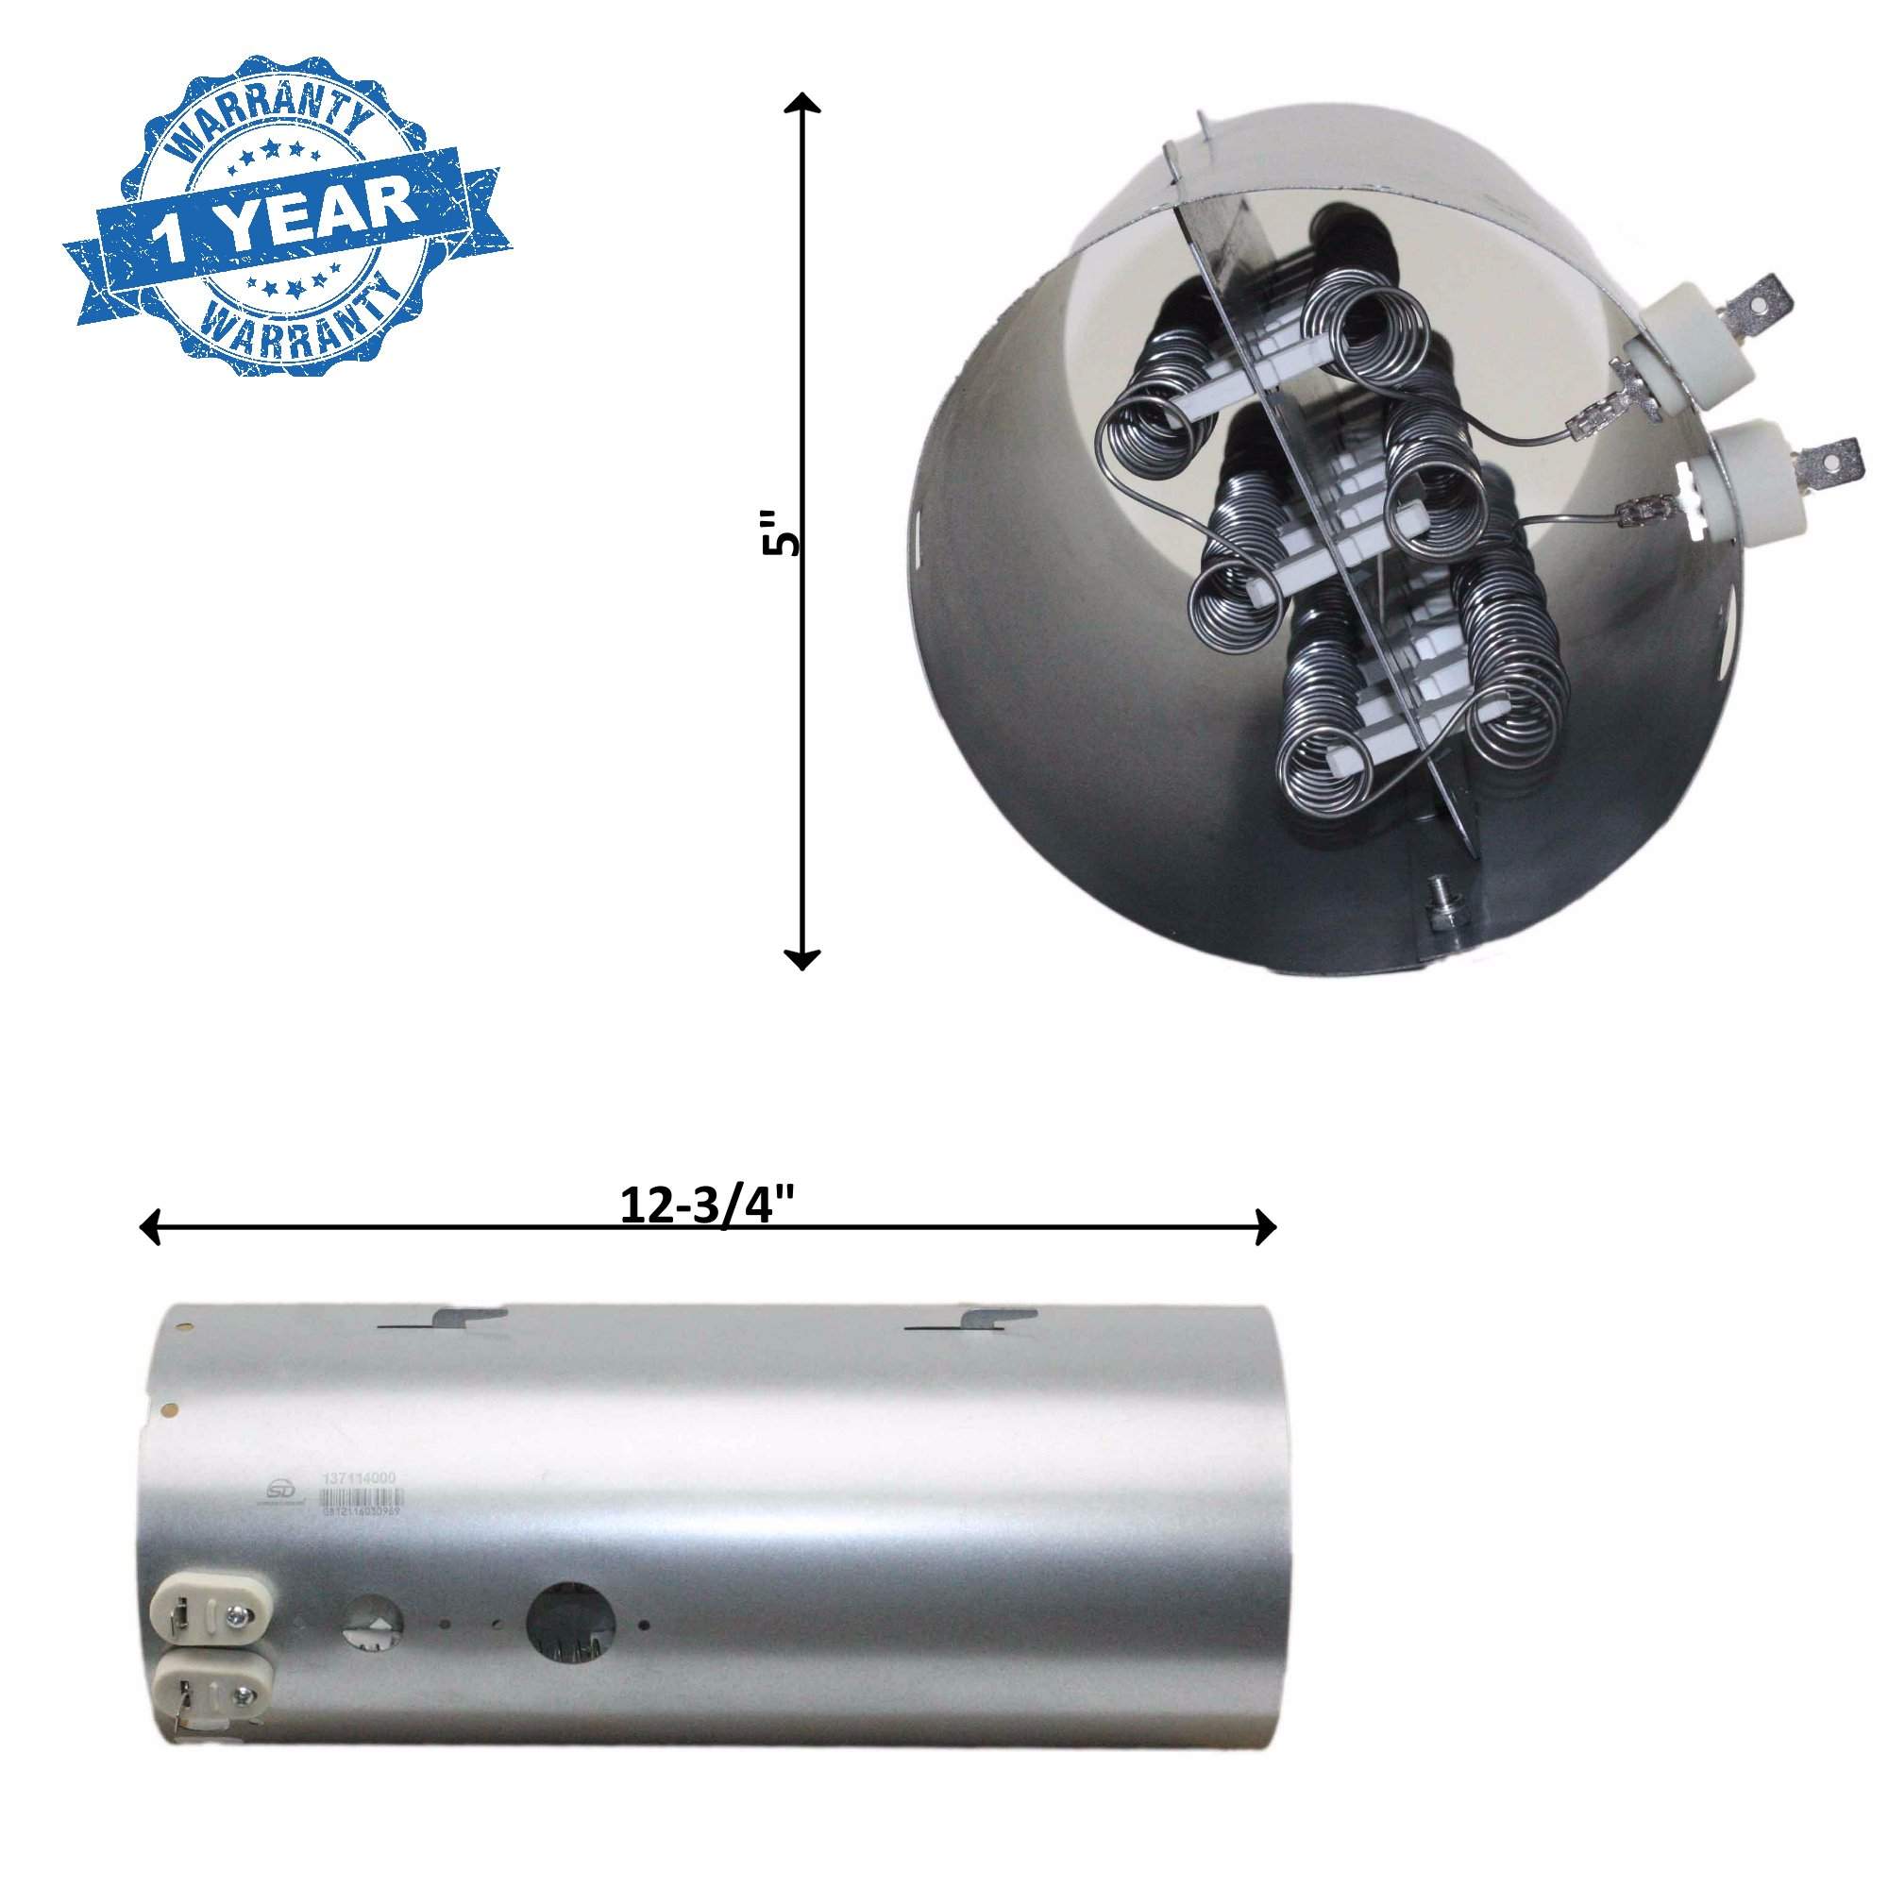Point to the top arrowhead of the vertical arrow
pyautogui.click(x=802, y=104)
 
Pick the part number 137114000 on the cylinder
pyautogui.click(x=360, y=1508)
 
